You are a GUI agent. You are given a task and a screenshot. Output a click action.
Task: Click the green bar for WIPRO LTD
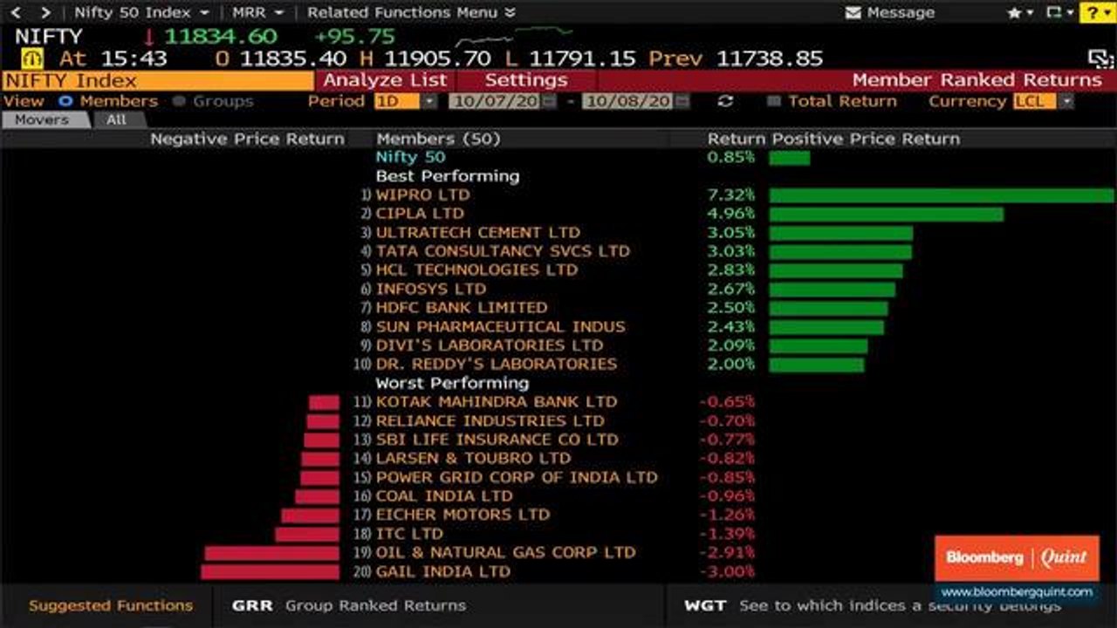942,195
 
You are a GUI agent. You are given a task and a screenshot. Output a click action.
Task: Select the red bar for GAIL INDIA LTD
270,571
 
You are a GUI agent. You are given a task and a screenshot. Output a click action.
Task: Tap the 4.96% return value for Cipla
730,214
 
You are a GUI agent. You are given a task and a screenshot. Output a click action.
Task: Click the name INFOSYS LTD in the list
431,289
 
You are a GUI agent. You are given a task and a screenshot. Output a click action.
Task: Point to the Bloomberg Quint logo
1017,557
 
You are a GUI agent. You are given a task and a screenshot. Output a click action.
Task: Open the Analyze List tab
385,80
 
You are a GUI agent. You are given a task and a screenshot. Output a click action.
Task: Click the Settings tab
526,80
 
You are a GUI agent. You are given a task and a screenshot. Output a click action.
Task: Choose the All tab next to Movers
117,119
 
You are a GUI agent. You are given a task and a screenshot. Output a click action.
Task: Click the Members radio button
65,102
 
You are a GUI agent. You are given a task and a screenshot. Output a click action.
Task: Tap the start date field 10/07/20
495,102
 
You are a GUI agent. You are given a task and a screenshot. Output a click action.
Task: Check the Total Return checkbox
773,102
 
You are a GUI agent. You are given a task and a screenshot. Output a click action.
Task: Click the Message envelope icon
853,12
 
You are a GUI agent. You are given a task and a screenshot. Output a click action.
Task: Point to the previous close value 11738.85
770,58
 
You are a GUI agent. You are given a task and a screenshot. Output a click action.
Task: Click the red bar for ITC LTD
306,535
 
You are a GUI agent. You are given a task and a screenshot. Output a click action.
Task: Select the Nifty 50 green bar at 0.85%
790,158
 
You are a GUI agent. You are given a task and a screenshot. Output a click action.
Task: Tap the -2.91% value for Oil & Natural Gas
727,552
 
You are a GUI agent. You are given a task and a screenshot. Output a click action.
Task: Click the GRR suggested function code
252,605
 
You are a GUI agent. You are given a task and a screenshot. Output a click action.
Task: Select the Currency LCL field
1035,102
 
